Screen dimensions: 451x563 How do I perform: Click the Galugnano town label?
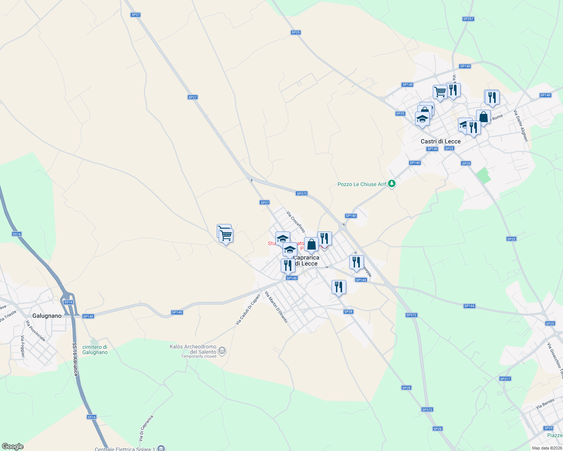coord(47,316)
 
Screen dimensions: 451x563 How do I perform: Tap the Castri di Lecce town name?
coord(440,141)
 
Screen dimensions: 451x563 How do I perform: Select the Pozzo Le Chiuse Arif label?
coord(362,184)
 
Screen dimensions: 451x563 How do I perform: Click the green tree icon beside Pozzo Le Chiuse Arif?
coord(392,184)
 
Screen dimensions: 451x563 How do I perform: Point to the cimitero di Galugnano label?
coord(95,350)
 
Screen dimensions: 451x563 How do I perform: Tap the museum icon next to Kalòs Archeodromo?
coord(222,351)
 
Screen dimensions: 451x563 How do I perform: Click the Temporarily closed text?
coord(199,357)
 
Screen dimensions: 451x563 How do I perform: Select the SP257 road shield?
coord(468,19)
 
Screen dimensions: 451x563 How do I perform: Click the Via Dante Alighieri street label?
coord(521,126)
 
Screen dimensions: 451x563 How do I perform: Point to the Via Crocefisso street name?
coord(296,222)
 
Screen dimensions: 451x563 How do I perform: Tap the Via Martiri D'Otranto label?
coord(276,307)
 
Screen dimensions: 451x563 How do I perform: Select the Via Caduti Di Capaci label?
coord(248,309)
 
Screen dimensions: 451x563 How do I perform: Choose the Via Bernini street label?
coord(545,404)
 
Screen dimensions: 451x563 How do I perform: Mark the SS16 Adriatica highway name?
coord(75,359)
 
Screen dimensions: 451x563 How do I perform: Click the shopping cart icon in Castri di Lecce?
coord(440,91)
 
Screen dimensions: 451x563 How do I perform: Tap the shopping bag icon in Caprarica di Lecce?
coord(311,244)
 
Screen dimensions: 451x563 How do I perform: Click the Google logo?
coord(13,446)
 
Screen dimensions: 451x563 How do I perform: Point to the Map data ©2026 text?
coord(546,448)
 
